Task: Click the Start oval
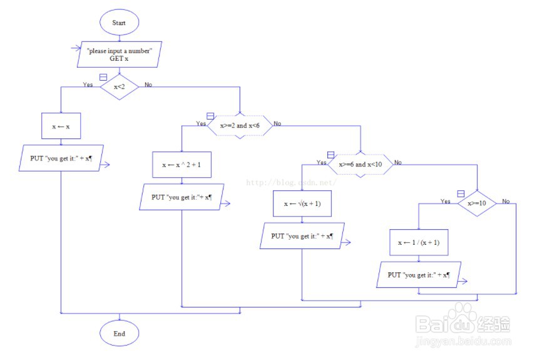119,23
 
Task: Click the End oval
119,334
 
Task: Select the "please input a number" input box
119,54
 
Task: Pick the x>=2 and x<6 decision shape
240,126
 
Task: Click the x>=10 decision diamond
477,203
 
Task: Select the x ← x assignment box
61,126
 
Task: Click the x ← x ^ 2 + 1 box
182,165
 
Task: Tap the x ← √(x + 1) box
302,203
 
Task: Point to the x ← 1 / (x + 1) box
419,242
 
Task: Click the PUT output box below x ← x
61,158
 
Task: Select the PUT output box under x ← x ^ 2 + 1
181,197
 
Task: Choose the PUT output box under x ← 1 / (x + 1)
419,275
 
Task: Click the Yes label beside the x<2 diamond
88,85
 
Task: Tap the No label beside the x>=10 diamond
506,202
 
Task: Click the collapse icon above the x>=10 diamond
461,193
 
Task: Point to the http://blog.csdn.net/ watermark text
291,183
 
